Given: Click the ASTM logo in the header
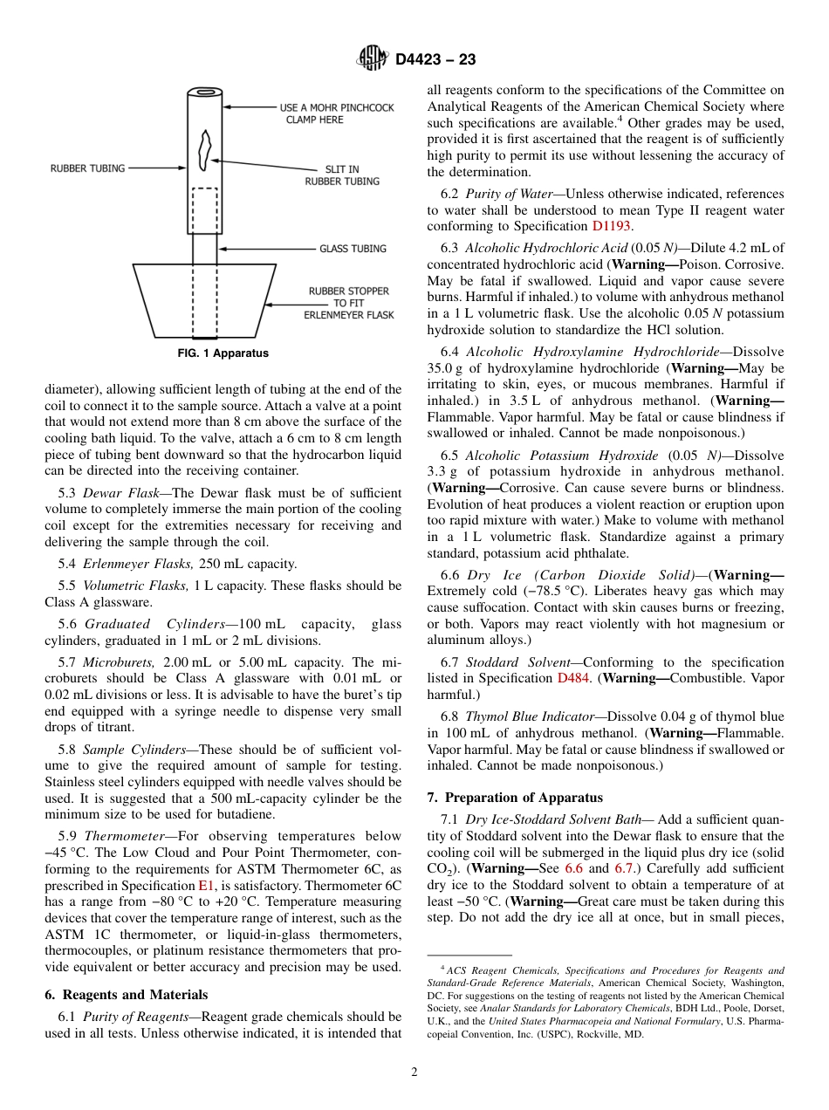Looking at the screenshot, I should point(373,58).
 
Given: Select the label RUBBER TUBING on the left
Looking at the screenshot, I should point(87,168).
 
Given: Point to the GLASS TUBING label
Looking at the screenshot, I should point(353,249).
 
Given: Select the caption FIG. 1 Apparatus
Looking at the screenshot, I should point(223,353).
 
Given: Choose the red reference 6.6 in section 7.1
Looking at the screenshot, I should point(575,868).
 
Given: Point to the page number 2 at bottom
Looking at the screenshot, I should point(414,1072).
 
